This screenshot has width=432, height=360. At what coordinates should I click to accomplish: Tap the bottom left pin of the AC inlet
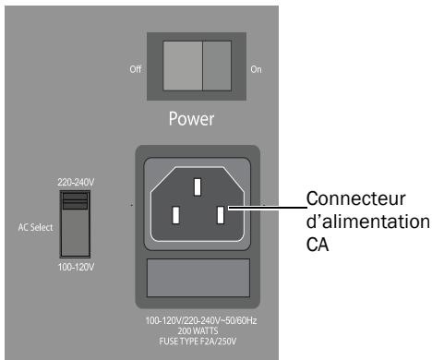coord(174,219)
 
